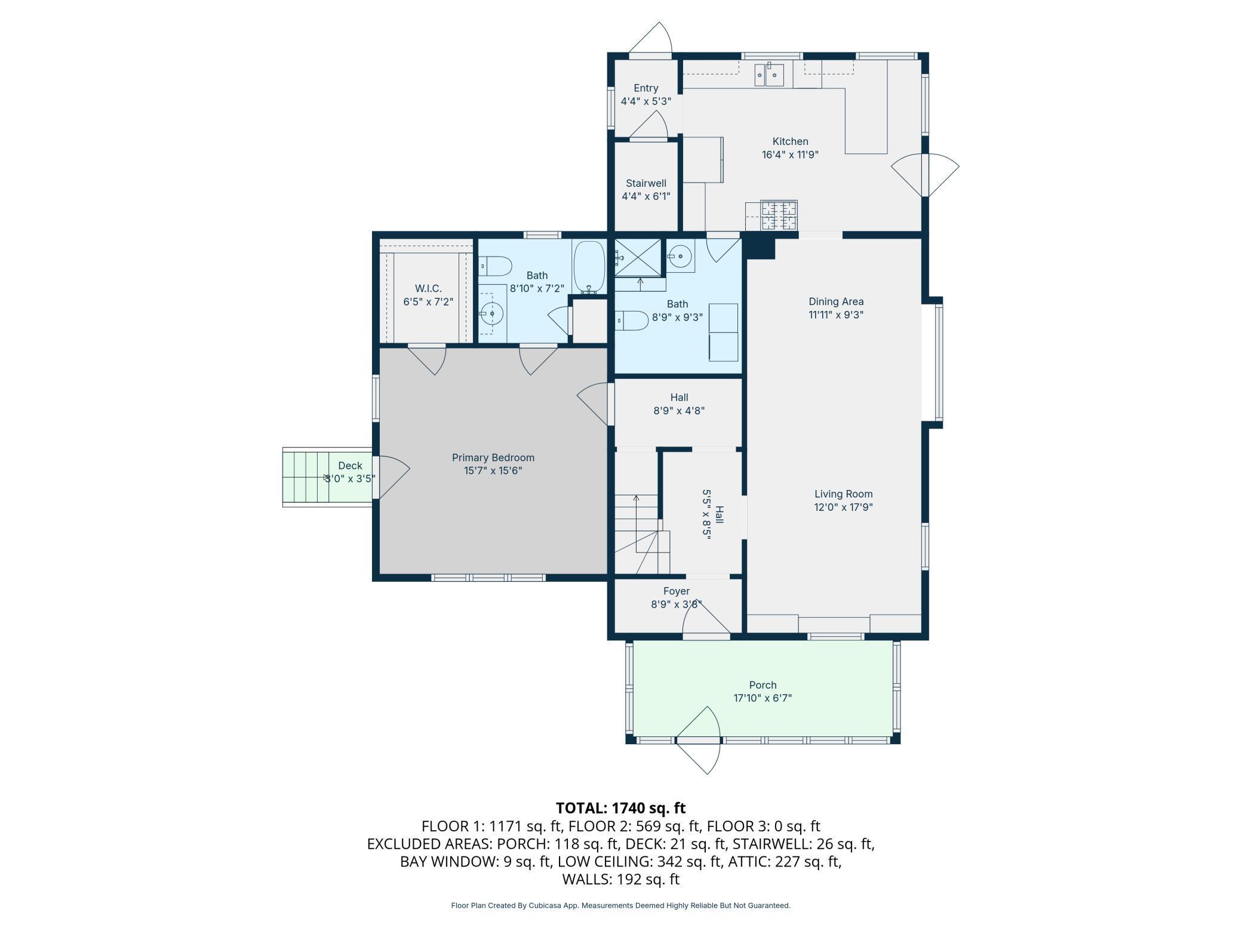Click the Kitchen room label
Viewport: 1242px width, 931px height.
point(790,141)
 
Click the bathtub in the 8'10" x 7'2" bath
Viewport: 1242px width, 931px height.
point(589,267)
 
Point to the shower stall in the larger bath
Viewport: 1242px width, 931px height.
point(638,257)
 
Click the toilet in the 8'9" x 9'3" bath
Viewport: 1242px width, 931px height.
point(631,320)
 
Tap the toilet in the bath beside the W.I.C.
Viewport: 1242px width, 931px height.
point(495,266)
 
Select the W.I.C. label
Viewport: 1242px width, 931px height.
point(428,289)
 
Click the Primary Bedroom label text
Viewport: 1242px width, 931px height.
point(493,458)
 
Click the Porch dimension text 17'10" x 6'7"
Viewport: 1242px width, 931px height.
point(763,698)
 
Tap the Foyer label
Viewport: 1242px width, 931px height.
point(677,591)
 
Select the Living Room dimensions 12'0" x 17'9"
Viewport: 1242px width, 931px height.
point(843,507)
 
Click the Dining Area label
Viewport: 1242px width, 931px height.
point(836,301)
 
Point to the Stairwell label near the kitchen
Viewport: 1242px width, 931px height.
point(646,183)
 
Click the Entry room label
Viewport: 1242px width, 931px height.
point(646,88)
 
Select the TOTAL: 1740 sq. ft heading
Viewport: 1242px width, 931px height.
point(621,808)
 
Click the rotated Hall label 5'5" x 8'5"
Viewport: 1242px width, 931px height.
point(713,514)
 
